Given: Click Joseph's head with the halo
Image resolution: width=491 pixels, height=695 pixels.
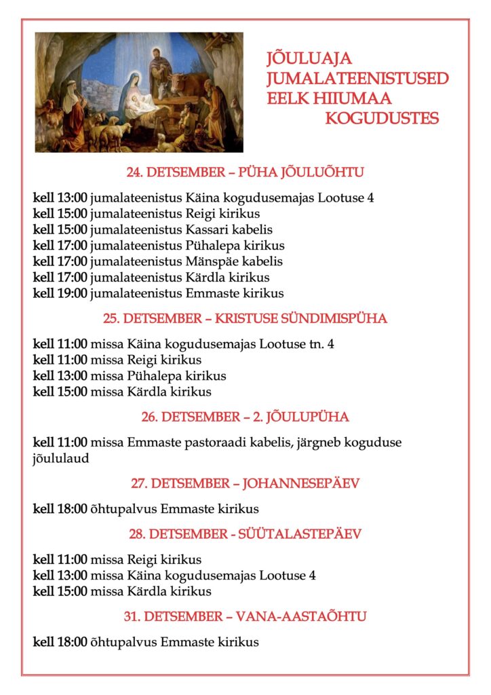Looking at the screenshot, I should [x=156, y=55].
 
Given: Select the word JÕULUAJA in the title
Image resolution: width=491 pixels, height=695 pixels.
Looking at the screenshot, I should [x=309, y=59].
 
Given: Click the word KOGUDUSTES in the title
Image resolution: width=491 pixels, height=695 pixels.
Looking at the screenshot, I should [x=382, y=119].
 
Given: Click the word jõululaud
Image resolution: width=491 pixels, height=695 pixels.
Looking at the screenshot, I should [x=61, y=458].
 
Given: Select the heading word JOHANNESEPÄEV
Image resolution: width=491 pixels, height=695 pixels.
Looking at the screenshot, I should [x=301, y=484].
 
